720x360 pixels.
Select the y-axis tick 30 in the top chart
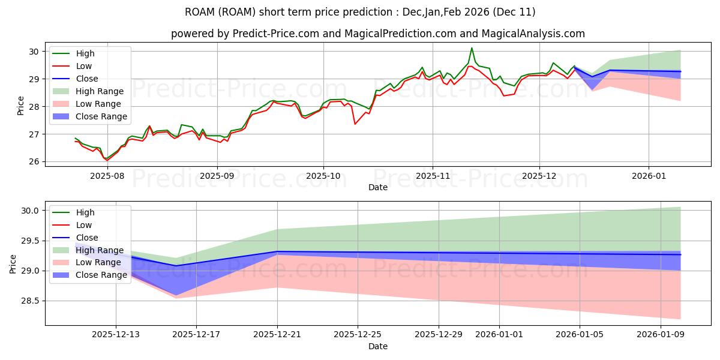coord(34,52)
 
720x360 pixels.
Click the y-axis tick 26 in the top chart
coord(34,162)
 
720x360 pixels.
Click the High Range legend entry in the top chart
coord(100,91)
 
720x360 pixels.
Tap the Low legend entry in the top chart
coord(85,66)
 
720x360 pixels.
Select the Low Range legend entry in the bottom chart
coord(99,263)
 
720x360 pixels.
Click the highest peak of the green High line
coord(472,48)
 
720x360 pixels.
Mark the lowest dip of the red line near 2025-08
coord(107,160)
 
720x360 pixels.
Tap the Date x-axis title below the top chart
coord(378,188)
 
